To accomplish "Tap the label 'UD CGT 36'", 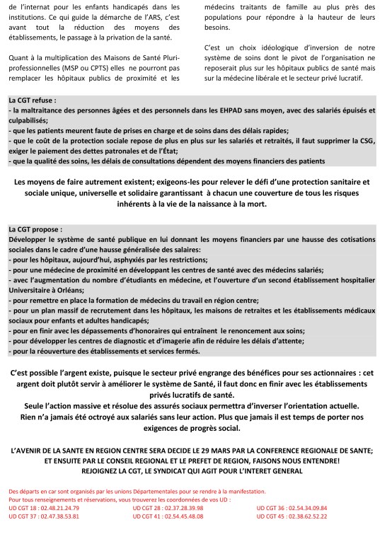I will (x=272, y=509).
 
